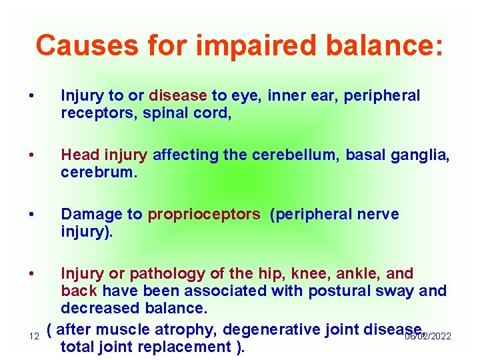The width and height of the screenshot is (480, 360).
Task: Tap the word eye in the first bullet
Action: click(x=249, y=96)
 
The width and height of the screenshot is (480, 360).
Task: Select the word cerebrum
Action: click(x=97, y=173)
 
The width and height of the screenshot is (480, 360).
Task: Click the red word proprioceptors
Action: click(x=204, y=214)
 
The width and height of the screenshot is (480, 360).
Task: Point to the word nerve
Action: click(x=375, y=214)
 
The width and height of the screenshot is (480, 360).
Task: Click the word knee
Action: click(x=317, y=273)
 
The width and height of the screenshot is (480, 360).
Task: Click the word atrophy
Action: click(x=188, y=329)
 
